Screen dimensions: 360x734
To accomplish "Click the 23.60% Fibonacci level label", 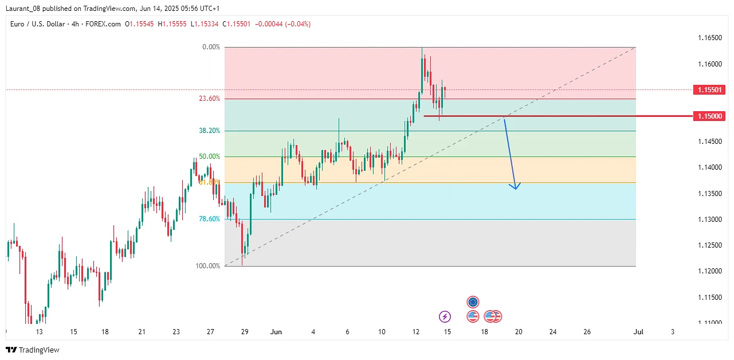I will (209, 99).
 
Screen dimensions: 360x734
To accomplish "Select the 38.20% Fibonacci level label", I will (209, 131).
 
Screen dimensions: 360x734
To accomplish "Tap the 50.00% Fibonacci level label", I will (209, 156).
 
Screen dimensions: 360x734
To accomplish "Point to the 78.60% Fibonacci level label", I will (209, 219).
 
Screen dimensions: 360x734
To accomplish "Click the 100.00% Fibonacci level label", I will (208, 266).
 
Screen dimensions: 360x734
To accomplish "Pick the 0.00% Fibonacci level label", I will (211, 47).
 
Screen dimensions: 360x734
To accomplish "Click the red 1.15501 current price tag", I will (709, 90).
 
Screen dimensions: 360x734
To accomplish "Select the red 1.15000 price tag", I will (709, 116).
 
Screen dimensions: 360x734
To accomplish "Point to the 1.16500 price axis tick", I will (709, 38).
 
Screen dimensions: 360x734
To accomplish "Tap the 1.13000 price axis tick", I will (709, 220).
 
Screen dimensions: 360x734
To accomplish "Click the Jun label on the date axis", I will (276, 332).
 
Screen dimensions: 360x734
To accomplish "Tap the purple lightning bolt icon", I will (445, 316).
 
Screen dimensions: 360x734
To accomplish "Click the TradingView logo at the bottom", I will (33, 350).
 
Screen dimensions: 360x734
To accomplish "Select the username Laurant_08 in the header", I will (25, 9).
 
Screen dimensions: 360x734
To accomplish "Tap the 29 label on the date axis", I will (245, 332).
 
